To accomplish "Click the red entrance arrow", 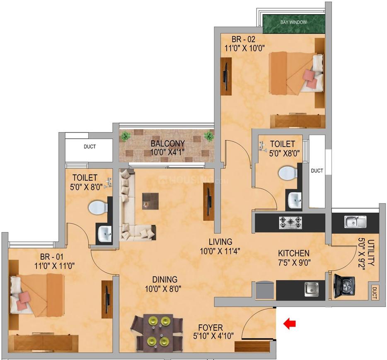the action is tap(289, 324).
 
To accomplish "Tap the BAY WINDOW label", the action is tap(293, 22).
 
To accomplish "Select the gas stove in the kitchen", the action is tap(290, 222).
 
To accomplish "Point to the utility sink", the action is tap(356, 222).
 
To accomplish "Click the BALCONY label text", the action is tap(168, 143).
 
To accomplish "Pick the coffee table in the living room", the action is tap(150, 201).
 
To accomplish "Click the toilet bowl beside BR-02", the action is tap(288, 173).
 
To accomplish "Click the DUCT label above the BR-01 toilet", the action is tap(89, 147).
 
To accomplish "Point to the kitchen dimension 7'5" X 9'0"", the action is tap(294, 262).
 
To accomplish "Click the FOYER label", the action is tap(210, 328).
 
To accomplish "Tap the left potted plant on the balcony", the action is tap(126, 136).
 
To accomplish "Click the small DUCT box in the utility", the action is tap(374, 292).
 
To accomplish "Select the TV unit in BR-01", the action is tap(107, 299).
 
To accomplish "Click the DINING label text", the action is tap(164, 280).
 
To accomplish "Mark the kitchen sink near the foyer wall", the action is tap(311, 289).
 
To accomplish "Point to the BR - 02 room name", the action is tap(243, 39).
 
